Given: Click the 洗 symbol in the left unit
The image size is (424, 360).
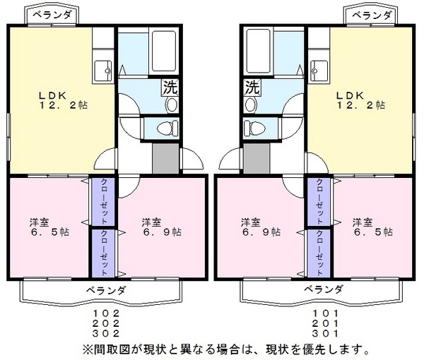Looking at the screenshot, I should click(170, 88).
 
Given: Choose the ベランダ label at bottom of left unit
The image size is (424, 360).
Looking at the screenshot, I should click(106, 289).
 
